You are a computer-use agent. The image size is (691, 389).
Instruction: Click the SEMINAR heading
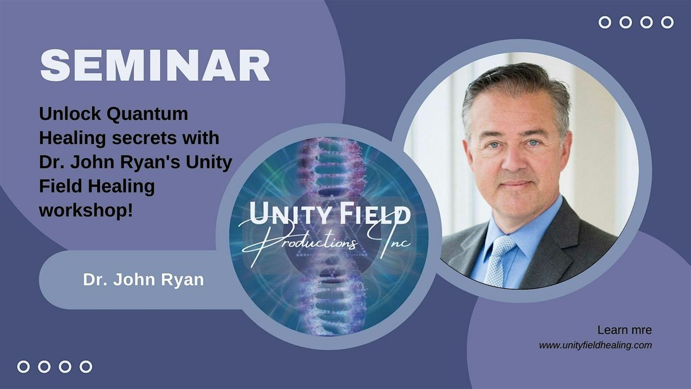[155, 66]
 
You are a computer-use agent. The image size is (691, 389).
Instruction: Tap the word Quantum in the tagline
[147, 114]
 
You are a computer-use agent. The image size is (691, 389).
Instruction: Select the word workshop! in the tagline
[86, 211]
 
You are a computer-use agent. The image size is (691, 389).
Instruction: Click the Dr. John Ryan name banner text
[143, 280]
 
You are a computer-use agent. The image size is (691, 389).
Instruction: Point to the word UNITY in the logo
[288, 214]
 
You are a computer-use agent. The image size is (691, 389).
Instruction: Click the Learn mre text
[625, 330]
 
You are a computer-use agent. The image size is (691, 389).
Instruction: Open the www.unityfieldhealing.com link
[595, 345]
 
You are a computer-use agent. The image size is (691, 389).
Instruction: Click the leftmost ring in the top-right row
[605, 22]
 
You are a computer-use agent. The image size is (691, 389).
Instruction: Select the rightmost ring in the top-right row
[667, 22]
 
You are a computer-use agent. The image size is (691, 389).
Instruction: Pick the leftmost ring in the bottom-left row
[24, 367]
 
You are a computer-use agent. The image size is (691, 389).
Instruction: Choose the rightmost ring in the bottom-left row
[86, 367]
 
